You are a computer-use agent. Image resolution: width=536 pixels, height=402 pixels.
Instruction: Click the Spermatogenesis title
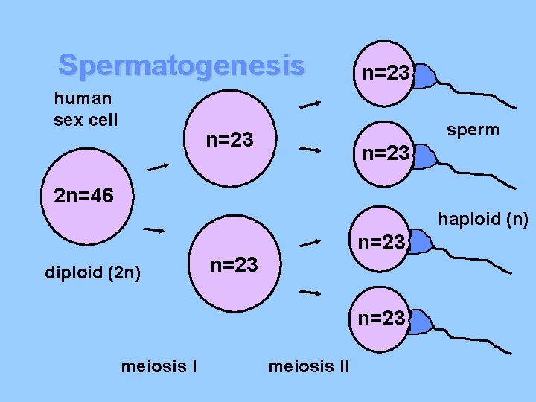pyautogui.click(x=182, y=66)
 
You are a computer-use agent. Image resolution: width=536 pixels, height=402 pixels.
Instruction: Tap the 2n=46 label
pyautogui.click(x=83, y=197)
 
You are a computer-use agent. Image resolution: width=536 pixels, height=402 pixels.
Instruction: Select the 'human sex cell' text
pyautogui.click(x=85, y=109)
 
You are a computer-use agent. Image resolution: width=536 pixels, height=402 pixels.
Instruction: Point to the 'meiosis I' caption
pyautogui.click(x=158, y=366)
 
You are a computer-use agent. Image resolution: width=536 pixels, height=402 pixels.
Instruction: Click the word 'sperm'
pyautogui.click(x=473, y=130)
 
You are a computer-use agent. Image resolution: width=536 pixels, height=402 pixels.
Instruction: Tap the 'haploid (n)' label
pyautogui.click(x=482, y=219)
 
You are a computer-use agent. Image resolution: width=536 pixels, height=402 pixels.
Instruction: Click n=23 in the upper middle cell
pyautogui.click(x=230, y=139)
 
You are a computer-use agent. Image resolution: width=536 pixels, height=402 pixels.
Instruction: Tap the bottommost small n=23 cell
pyautogui.click(x=381, y=319)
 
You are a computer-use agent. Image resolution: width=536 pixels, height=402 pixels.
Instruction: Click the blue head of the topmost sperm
pyautogui.click(x=424, y=76)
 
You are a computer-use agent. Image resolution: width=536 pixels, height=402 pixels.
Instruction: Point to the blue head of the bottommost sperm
pyautogui.click(x=421, y=322)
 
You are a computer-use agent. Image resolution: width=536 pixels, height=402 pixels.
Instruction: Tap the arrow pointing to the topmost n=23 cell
pyautogui.click(x=310, y=105)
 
